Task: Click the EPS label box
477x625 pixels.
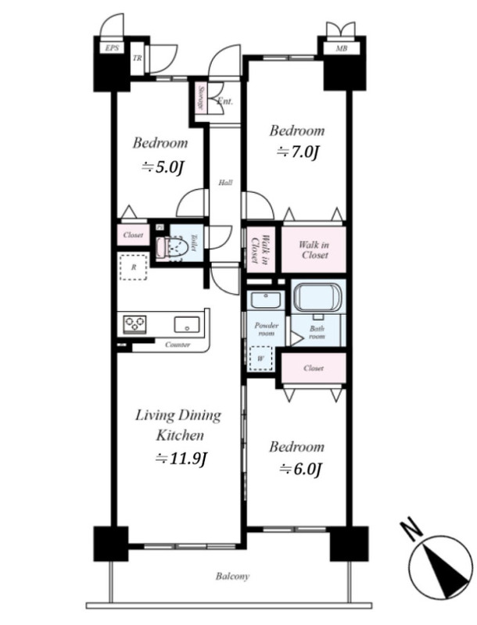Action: (x=112, y=48)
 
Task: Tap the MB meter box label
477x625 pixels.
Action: (x=341, y=48)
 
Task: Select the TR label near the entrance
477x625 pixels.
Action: (x=137, y=58)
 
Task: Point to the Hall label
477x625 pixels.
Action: (x=225, y=183)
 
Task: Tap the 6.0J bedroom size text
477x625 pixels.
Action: (x=300, y=470)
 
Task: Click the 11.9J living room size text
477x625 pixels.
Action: (x=181, y=459)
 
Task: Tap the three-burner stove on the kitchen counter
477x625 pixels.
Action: (x=134, y=323)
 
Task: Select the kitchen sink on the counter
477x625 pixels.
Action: (x=187, y=324)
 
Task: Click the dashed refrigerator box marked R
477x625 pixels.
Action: (x=134, y=266)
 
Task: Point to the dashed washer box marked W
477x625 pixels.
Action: (x=260, y=359)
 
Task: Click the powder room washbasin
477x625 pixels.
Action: (x=266, y=300)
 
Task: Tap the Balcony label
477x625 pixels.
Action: (x=232, y=576)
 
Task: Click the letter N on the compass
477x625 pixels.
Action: (x=412, y=529)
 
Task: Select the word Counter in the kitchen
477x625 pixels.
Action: (x=178, y=345)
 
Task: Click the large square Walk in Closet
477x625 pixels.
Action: (x=314, y=249)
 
